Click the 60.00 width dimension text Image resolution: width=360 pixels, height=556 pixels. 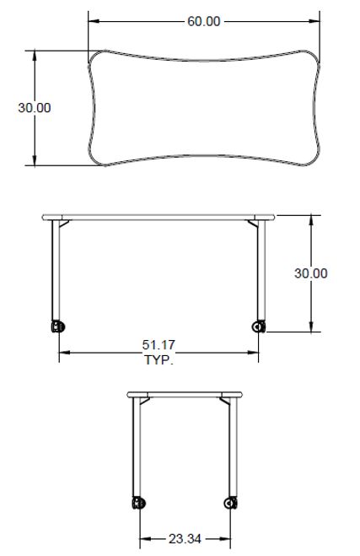coord(204,21)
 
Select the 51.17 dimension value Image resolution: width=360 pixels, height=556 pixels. coord(159,345)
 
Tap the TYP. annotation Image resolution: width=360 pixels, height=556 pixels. coord(159,359)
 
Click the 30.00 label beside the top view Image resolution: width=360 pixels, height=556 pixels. coord(35,108)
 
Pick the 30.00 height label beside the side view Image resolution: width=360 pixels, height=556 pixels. coord(311,273)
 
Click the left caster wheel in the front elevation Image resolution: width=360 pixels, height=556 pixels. coord(58,326)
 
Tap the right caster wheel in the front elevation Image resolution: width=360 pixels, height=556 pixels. coord(258,326)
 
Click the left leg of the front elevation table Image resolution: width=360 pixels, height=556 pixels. coord(56,270)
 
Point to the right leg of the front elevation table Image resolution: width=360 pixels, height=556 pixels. coord(261,270)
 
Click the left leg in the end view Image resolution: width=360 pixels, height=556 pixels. coord(136,451)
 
